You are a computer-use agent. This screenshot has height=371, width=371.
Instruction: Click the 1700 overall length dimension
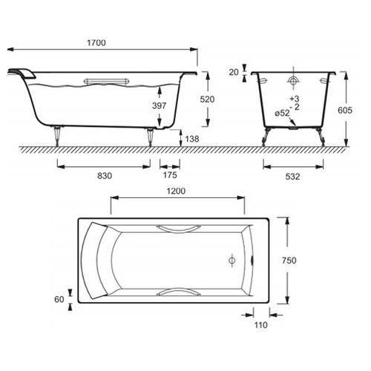pyautogui.click(x=96, y=43)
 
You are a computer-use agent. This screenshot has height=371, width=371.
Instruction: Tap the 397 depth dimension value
pyautogui.click(x=159, y=105)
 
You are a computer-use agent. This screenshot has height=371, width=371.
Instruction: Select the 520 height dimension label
pyautogui.click(x=207, y=99)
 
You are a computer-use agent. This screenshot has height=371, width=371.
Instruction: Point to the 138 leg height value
pyautogui.click(x=192, y=139)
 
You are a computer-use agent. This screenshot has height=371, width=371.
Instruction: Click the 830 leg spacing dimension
pyautogui.click(x=105, y=176)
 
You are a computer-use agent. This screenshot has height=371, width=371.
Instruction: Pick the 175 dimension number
pyautogui.click(x=170, y=175)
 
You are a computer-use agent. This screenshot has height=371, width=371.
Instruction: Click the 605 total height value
pyautogui.click(x=345, y=110)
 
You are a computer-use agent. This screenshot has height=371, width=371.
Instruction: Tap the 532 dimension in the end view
pyautogui.click(x=292, y=177)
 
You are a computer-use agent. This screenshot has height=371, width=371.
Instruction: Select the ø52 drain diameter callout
pyautogui.click(x=282, y=114)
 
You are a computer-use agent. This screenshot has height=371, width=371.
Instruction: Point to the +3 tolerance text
pyautogui.click(x=295, y=99)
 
